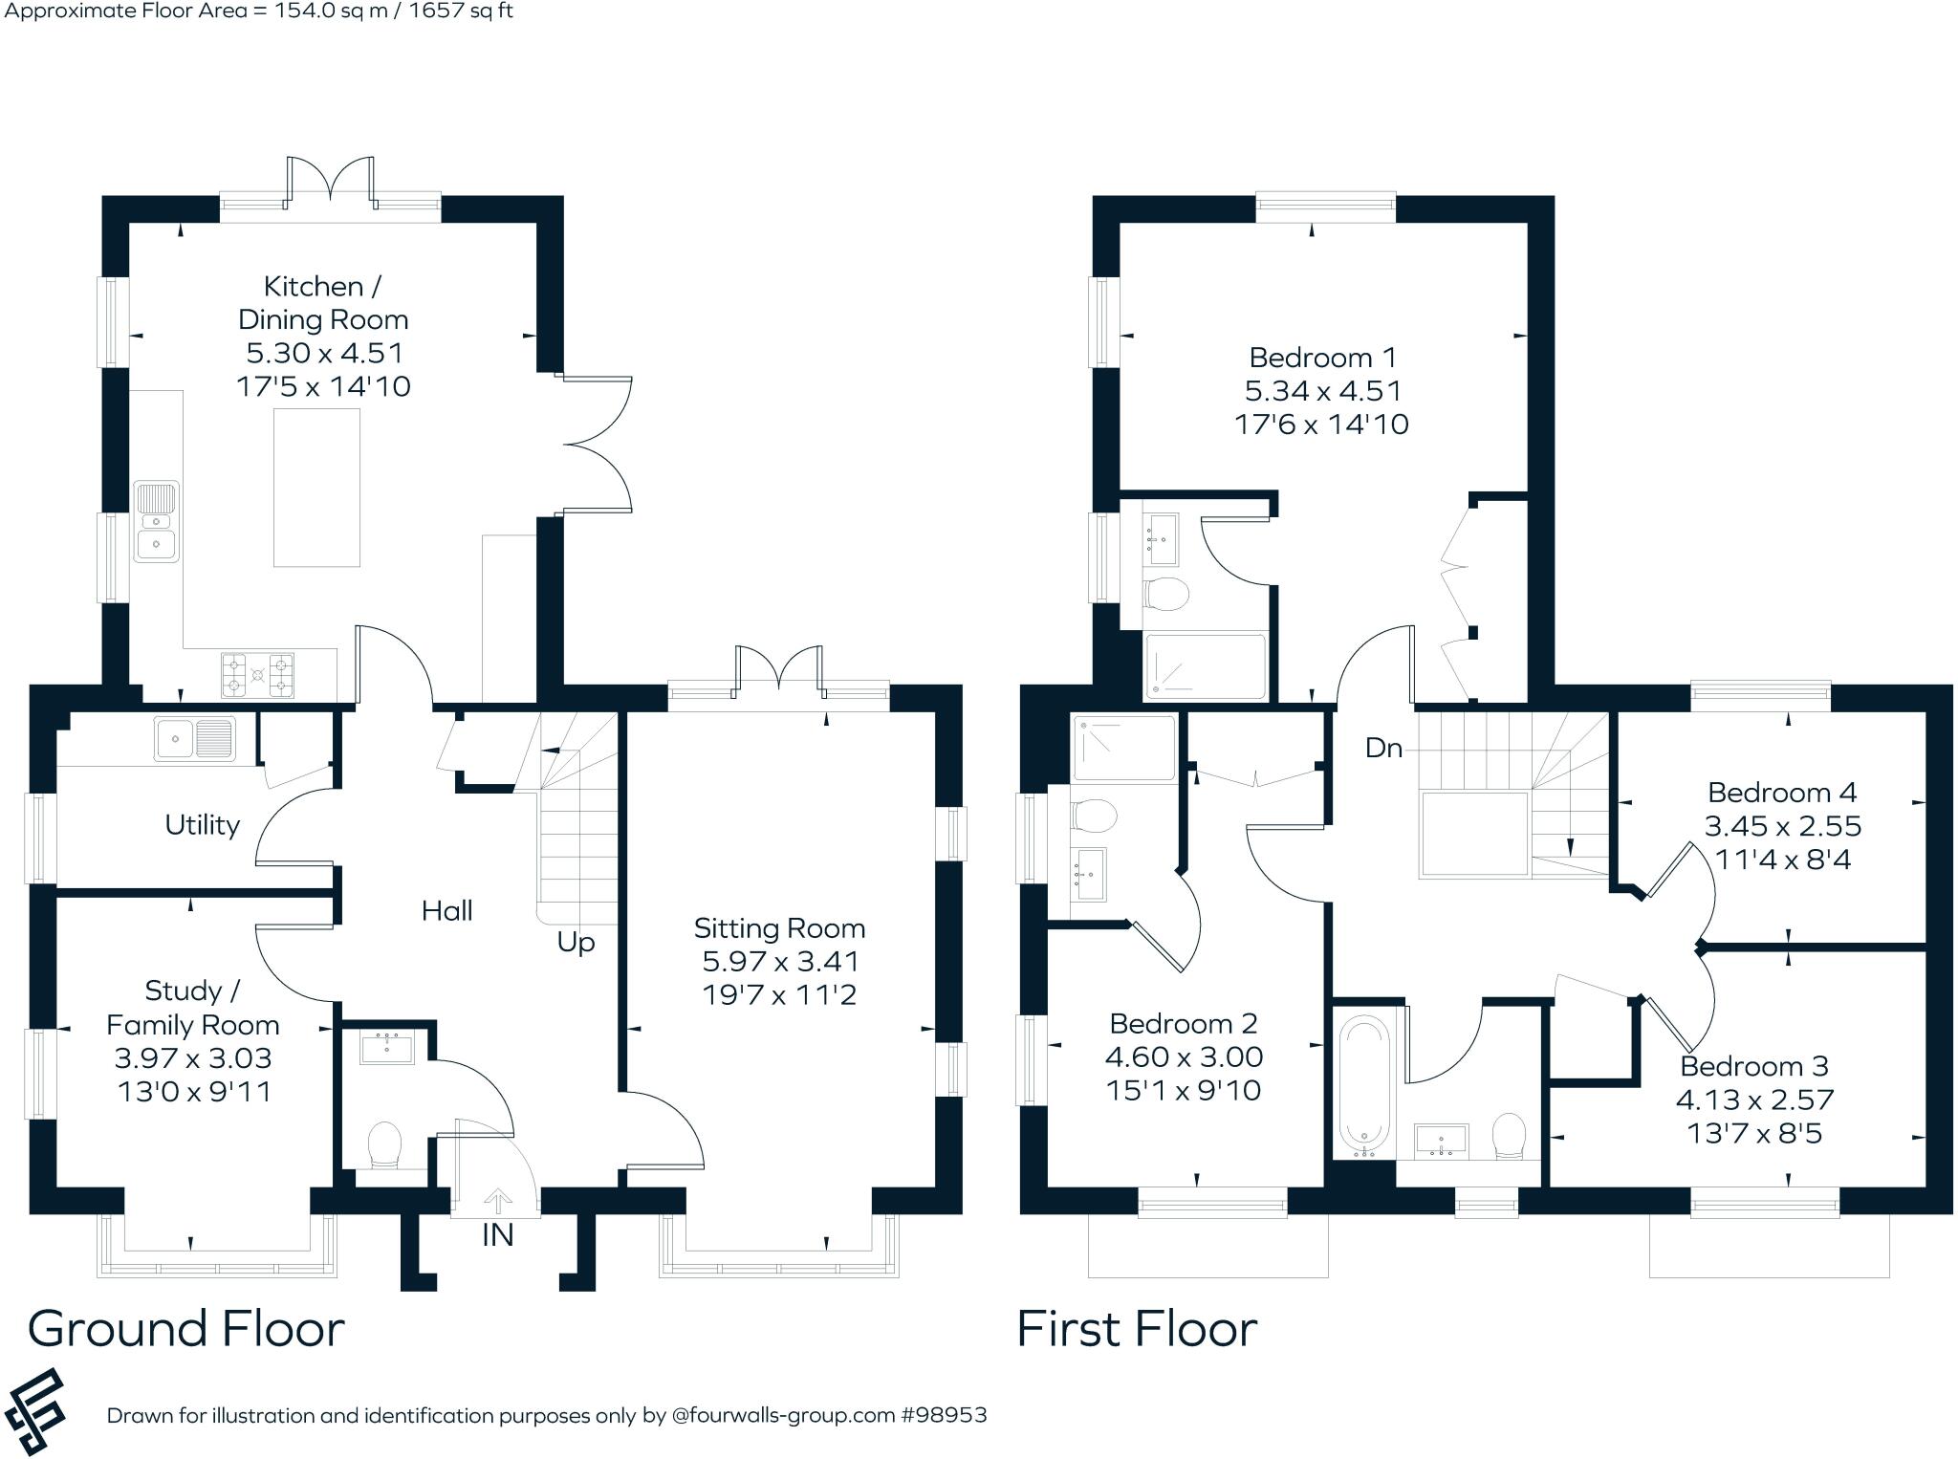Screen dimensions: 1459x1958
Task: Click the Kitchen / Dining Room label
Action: coord(323,302)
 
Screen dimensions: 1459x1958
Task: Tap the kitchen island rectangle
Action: coord(316,488)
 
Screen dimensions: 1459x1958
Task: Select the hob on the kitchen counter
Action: coord(257,674)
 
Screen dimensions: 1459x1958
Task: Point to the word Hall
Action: coord(446,911)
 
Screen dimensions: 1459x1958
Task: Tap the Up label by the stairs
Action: coord(576,943)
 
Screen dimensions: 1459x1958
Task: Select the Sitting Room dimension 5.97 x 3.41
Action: coord(780,962)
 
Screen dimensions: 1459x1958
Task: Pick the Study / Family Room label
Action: coord(192,1008)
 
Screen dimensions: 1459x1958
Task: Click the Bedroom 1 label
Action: coord(1322,358)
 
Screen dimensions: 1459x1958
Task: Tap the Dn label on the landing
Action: coord(1383,748)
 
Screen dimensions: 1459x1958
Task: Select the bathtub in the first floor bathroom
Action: coord(1364,1086)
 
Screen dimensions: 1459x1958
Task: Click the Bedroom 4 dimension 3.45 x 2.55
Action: coord(1782,826)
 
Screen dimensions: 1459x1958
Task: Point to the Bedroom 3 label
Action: coord(1753,1066)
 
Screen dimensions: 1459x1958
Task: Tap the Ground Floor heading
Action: coord(186,1329)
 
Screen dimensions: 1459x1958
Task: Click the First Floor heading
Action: coord(1137,1329)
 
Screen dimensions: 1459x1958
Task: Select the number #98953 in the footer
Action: coord(944,1415)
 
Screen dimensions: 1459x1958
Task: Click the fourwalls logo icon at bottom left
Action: coord(34,1412)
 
